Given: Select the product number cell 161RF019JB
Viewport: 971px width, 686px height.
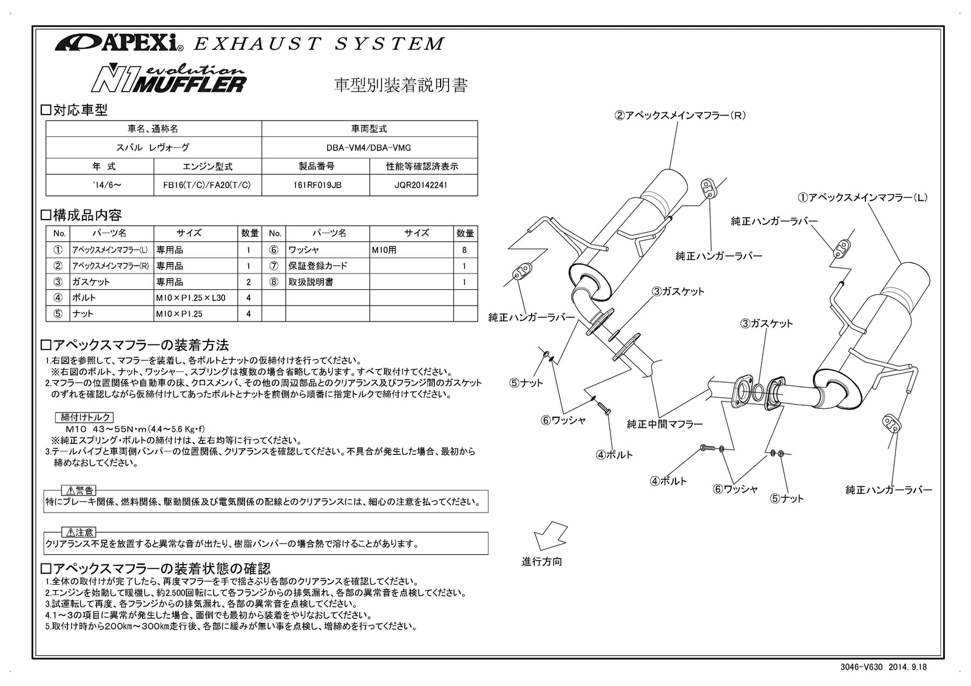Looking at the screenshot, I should pos(316,185).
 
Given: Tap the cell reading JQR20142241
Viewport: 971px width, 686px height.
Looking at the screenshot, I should pos(424,185).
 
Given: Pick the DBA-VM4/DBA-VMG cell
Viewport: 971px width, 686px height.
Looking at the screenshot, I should pos(369,147).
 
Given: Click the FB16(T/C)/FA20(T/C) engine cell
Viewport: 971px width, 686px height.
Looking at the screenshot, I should pos(208,185).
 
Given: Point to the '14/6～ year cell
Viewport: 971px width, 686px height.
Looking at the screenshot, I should pos(100,185).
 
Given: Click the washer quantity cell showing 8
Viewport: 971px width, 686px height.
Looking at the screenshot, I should pos(464,249).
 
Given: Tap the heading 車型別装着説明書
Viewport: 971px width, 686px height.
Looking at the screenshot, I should pos(401,85).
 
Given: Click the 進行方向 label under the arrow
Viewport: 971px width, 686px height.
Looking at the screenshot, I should pos(542,562).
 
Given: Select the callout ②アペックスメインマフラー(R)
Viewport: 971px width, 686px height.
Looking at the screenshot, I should pos(680,115).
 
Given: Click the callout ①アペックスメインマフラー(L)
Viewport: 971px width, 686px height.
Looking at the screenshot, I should pos(862,197).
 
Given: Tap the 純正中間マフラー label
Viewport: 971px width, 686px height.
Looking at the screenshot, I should pos(665,425).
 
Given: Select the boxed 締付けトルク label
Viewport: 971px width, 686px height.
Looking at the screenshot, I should pos(85,417).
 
